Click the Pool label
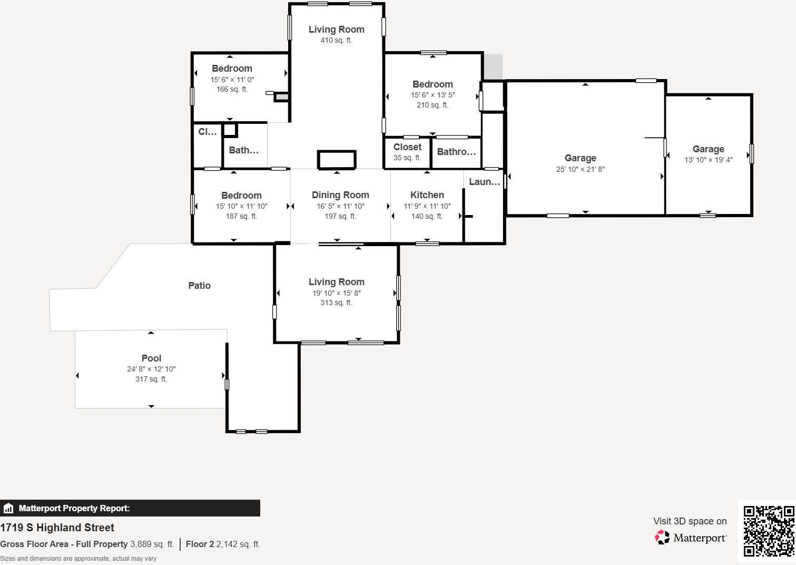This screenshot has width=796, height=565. [x=151, y=358]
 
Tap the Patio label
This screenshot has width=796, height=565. [x=199, y=286]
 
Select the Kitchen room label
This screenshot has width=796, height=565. [x=427, y=195]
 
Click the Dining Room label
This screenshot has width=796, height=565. [x=340, y=195]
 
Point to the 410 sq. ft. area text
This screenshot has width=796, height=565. [x=336, y=41]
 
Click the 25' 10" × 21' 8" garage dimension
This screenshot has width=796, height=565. [x=580, y=169]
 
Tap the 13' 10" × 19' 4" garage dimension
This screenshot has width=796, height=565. [x=708, y=160]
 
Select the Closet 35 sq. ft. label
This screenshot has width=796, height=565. [x=407, y=148]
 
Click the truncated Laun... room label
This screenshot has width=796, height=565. [x=484, y=182]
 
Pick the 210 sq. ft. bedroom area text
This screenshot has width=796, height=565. [x=433, y=105]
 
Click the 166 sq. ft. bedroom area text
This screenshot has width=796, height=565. [x=232, y=90]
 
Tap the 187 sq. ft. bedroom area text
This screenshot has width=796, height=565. [x=241, y=217]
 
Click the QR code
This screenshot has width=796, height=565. [x=768, y=531]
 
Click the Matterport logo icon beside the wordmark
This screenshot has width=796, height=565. [x=662, y=537]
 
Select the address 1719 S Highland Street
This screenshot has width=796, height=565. [x=57, y=528]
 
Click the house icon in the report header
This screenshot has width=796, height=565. [x=8, y=509]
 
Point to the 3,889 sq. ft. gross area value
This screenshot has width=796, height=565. [x=152, y=544]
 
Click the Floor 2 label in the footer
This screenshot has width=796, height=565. [x=200, y=544]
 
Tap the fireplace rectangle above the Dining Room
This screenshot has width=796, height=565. [x=337, y=160]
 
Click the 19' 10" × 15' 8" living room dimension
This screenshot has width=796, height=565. [x=336, y=293]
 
